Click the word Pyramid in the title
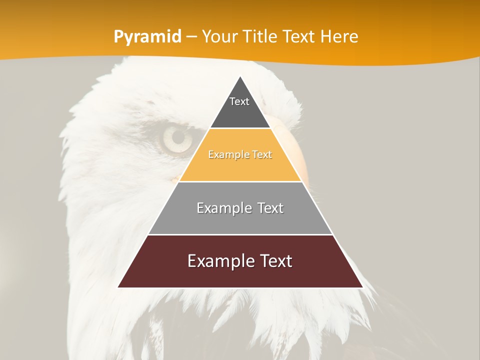[x=147, y=37]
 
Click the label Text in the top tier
[x=239, y=101]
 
